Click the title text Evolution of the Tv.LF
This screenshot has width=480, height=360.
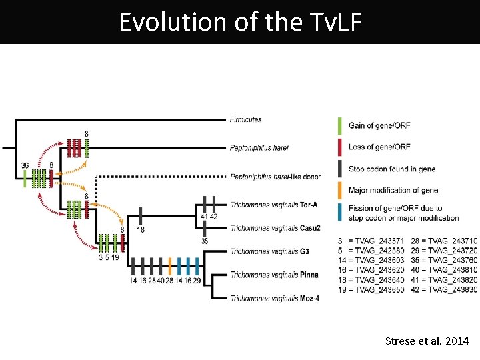(x=240, y=22)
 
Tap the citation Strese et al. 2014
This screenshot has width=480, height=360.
(x=427, y=341)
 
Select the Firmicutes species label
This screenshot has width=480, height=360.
(x=245, y=120)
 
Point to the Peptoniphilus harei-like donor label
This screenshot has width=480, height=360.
(x=275, y=177)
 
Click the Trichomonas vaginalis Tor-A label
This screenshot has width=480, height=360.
(x=275, y=204)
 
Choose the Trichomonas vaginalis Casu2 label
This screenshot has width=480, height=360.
(x=275, y=228)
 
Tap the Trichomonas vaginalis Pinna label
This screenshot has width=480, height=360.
(x=274, y=275)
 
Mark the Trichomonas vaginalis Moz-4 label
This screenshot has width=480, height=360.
(x=274, y=298)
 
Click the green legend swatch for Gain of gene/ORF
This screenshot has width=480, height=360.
(x=340, y=125)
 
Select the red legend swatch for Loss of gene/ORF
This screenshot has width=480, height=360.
(x=340, y=147)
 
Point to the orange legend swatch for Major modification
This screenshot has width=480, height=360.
(x=340, y=191)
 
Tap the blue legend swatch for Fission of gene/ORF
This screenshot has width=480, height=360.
(x=340, y=213)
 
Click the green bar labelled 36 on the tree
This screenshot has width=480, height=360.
(x=25, y=178)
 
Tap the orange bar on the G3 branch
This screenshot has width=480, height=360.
(x=170, y=266)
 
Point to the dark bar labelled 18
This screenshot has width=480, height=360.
(x=141, y=216)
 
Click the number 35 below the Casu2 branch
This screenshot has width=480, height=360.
(x=205, y=241)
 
